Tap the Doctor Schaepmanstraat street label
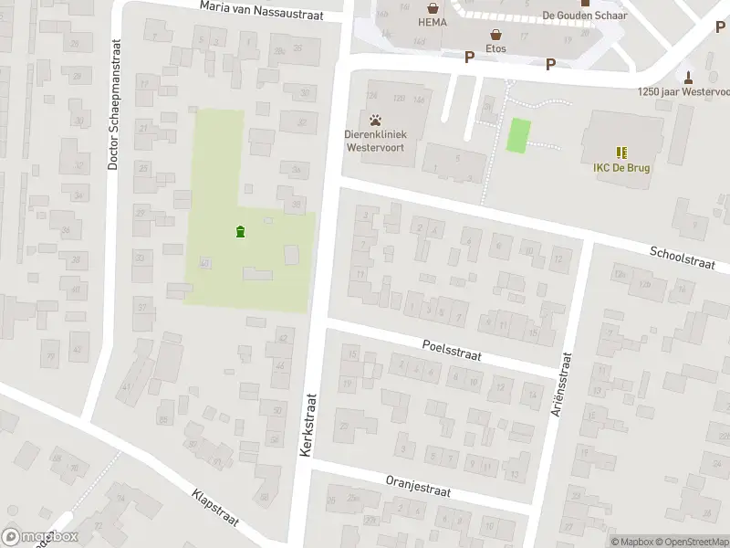click(114, 104)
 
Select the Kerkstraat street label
click(309, 426)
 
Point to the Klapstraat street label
click(215, 507)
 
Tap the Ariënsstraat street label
click(558, 391)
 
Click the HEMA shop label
click(433, 22)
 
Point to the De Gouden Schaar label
click(585, 15)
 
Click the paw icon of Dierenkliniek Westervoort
click(376, 120)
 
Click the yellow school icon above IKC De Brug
click(621, 153)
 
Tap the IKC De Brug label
click(621, 167)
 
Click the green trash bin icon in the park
click(240, 232)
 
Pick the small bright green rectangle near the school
click(518, 136)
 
